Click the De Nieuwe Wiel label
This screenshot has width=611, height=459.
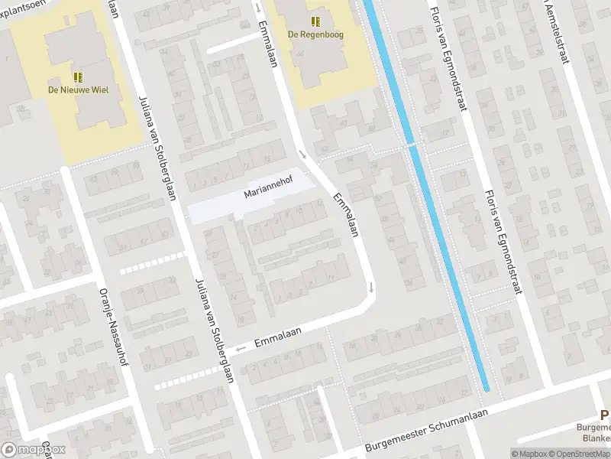(78, 90)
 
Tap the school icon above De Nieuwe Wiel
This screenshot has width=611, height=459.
(78, 76)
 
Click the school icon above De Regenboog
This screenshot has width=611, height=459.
(315, 21)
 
